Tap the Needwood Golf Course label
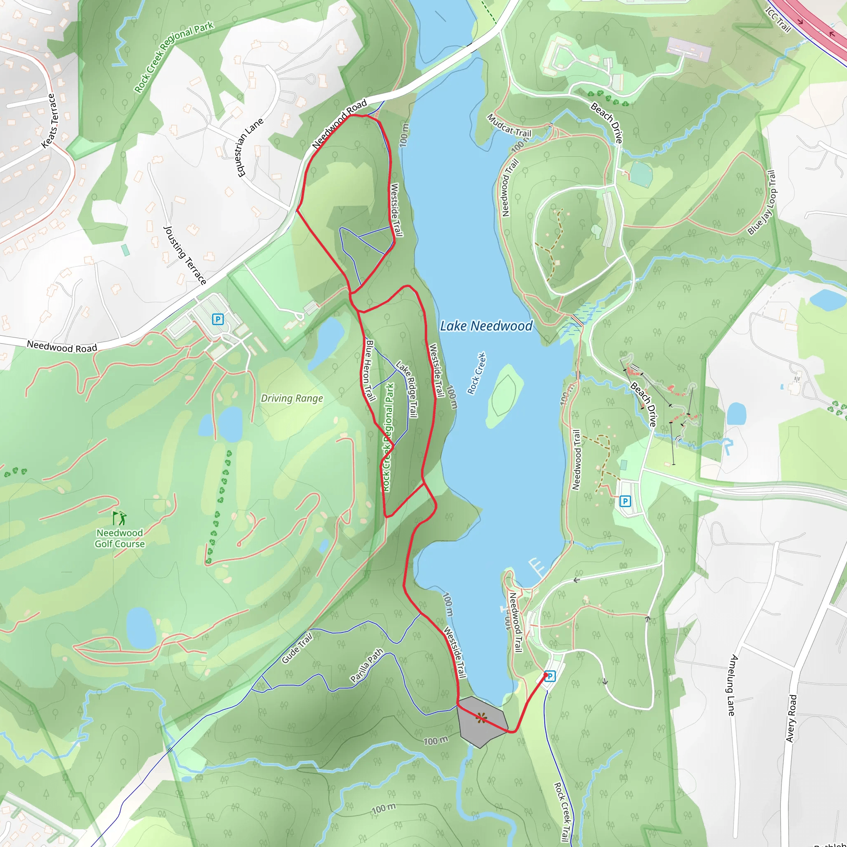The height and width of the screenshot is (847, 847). tap(120, 538)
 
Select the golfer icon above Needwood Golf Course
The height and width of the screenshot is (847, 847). tap(119, 518)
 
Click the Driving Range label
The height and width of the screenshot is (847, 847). tap(292, 398)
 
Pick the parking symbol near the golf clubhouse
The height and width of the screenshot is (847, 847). tap(218, 319)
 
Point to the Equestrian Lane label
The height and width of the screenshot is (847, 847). tap(250, 147)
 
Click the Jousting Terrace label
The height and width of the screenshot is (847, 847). tap(184, 255)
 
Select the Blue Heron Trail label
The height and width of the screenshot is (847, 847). tap(370, 371)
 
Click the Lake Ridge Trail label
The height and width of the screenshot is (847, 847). tap(407, 388)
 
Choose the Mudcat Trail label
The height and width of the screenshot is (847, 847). tap(509, 126)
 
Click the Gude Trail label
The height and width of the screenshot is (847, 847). tap(297, 648)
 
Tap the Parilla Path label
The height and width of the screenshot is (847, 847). tap(366, 665)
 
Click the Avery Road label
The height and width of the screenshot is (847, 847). tap(791, 718)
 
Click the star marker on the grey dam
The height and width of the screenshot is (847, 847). tap(481, 718)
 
